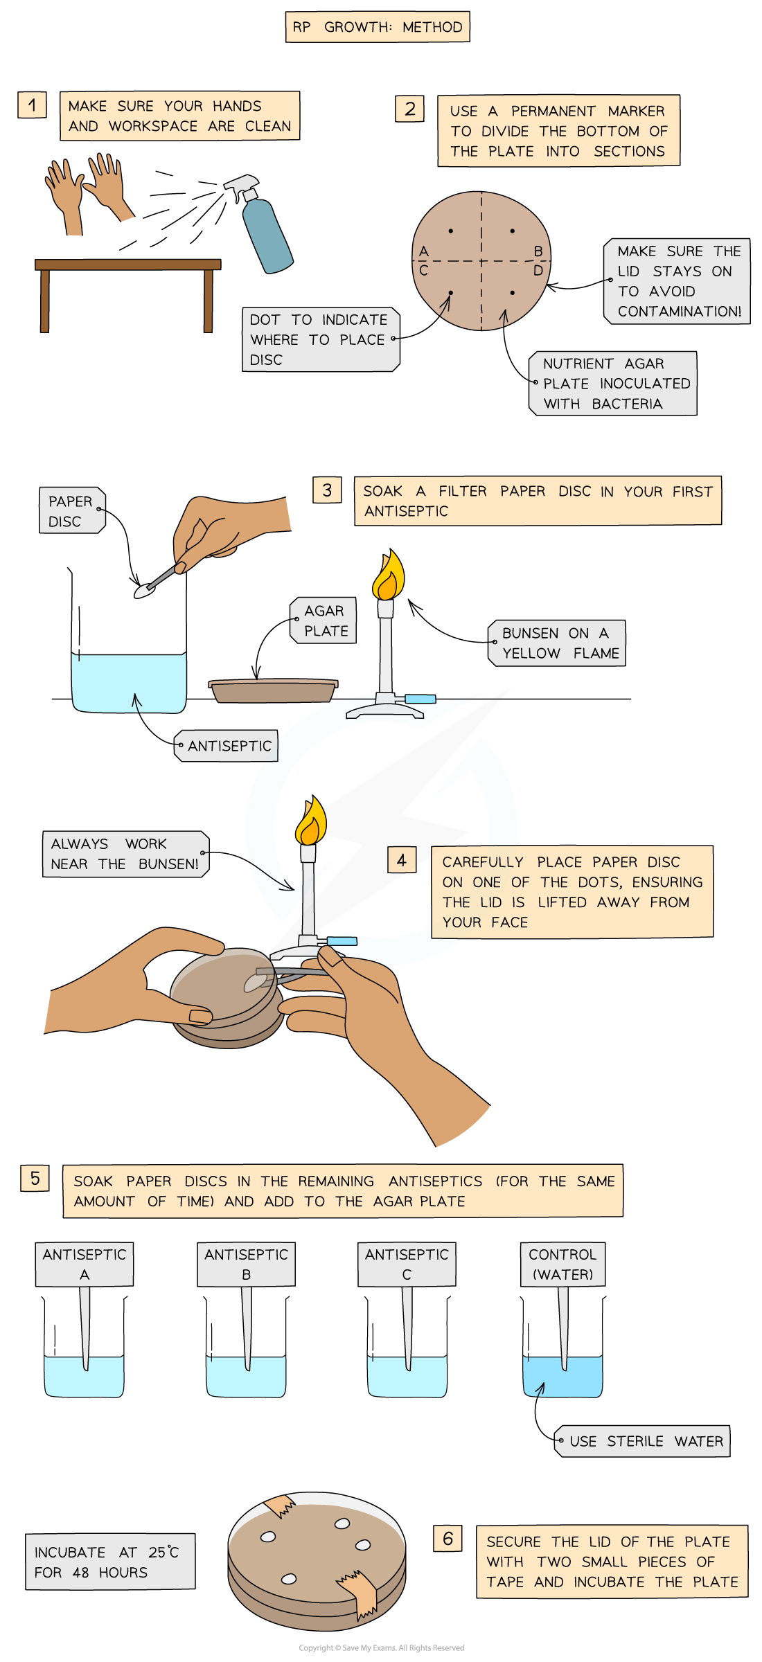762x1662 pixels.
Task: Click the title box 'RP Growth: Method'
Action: (x=378, y=27)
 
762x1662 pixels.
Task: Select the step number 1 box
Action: (x=32, y=105)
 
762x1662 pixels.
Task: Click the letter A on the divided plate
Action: (x=424, y=251)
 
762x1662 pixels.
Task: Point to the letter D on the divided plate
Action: (x=538, y=271)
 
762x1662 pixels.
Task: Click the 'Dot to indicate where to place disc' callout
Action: (x=321, y=339)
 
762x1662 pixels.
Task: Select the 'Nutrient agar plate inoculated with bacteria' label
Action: (x=613, y=384)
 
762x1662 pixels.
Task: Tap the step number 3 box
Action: (x=327, y=490)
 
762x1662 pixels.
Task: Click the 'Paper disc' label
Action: (x=72, y=510)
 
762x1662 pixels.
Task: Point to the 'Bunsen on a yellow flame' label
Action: (x=557, y=643)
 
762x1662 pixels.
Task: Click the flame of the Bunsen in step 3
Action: (x=388, y=575)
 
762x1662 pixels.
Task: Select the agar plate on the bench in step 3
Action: (x=274, y=690)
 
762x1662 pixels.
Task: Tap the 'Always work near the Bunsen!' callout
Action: (x=125, y=854)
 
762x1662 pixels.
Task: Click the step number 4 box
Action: (x=402, y=860)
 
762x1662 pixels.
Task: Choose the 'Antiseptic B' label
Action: (x=247, y=1264)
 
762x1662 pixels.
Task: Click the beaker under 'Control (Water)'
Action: (x=562, y=1347)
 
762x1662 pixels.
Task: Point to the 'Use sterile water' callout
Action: (x=642, y=1441)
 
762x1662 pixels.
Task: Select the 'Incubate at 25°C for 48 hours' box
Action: (x=110, y=1562)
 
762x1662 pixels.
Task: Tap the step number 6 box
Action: (x=448, y=1539)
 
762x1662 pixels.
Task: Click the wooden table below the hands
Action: (x=128, y=294)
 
